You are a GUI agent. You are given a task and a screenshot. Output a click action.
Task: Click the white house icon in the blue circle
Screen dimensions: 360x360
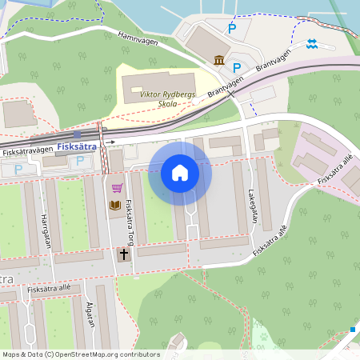click(x=179, y=173)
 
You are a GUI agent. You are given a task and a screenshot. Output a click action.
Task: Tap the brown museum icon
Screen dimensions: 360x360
click(x=219, y=61)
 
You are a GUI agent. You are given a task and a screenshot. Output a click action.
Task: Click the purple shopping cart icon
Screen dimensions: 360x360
click(x=117, y=188)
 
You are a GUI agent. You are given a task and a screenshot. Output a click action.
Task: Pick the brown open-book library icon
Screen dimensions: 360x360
click(x=116, y=206)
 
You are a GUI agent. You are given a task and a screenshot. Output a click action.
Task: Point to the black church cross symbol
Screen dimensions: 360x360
click(x=123, y=254)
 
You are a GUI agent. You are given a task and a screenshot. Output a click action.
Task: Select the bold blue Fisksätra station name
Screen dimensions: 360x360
click(x=78, y=146)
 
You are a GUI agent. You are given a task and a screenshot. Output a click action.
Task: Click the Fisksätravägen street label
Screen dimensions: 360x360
click(x=27, y=150)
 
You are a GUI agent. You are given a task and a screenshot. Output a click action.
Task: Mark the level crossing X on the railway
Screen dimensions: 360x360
click(x=231, y=93)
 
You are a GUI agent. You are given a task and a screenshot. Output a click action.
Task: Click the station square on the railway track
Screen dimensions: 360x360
click(x=77, y=134)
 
